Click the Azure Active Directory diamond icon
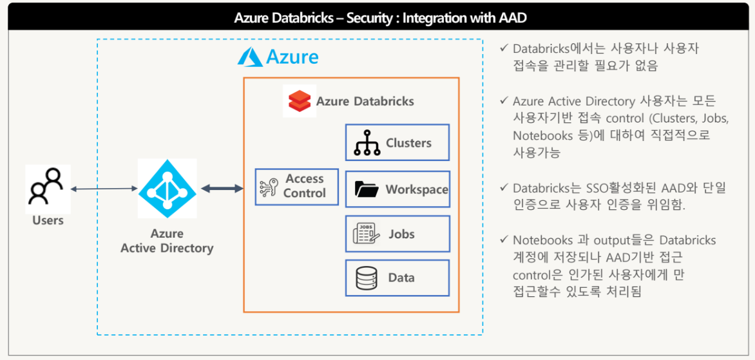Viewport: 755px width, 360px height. point(167,189)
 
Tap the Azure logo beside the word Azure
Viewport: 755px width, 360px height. point(249,57)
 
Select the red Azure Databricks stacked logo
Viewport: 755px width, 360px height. point(300,101)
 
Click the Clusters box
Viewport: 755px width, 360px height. point(397,143)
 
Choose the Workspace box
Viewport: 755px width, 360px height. point(397,189)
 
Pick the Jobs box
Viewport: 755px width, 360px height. point(397,233)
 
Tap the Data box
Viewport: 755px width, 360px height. point(397,278)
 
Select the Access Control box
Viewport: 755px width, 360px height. point(296,187)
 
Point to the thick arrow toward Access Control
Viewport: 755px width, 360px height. point(222,189)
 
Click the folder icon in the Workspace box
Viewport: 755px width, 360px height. point(367,189)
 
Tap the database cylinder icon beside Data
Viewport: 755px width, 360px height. point(367,278)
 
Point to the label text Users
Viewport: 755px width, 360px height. point(48,220)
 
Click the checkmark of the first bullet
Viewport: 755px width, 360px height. point(503,48)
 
